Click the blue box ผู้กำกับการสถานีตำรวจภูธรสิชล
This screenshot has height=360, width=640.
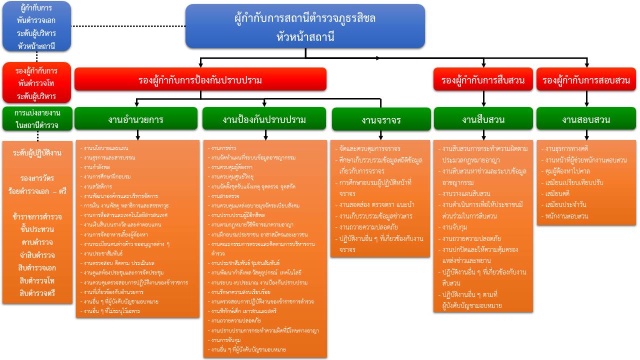coord(305,26)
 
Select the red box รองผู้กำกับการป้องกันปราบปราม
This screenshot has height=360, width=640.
coord(200,79)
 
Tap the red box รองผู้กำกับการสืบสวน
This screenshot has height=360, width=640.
coord(483,79)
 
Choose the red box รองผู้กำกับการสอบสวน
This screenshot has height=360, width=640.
coord(586,79)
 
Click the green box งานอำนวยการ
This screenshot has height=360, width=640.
coord(135,119)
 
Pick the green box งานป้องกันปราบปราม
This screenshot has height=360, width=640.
coord(264,119)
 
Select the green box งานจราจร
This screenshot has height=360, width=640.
coord(380,120)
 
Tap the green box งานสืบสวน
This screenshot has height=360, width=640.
coord(483,119)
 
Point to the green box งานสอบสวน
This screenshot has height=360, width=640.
coord(586,119)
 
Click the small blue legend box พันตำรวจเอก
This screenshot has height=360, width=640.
coord(36,26)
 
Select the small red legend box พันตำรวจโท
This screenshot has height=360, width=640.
coord(36,82)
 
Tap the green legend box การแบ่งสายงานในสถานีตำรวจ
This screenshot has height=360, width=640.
coord(37,119)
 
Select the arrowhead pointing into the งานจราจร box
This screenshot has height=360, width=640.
coord(380,105)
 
